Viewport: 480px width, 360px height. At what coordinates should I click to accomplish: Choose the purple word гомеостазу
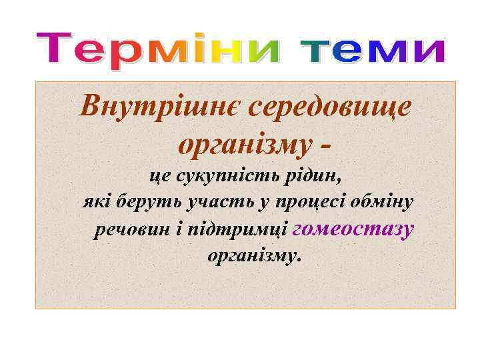[x=353, y=229]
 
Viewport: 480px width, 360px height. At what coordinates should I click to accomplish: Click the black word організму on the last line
[x=254, y=256]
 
